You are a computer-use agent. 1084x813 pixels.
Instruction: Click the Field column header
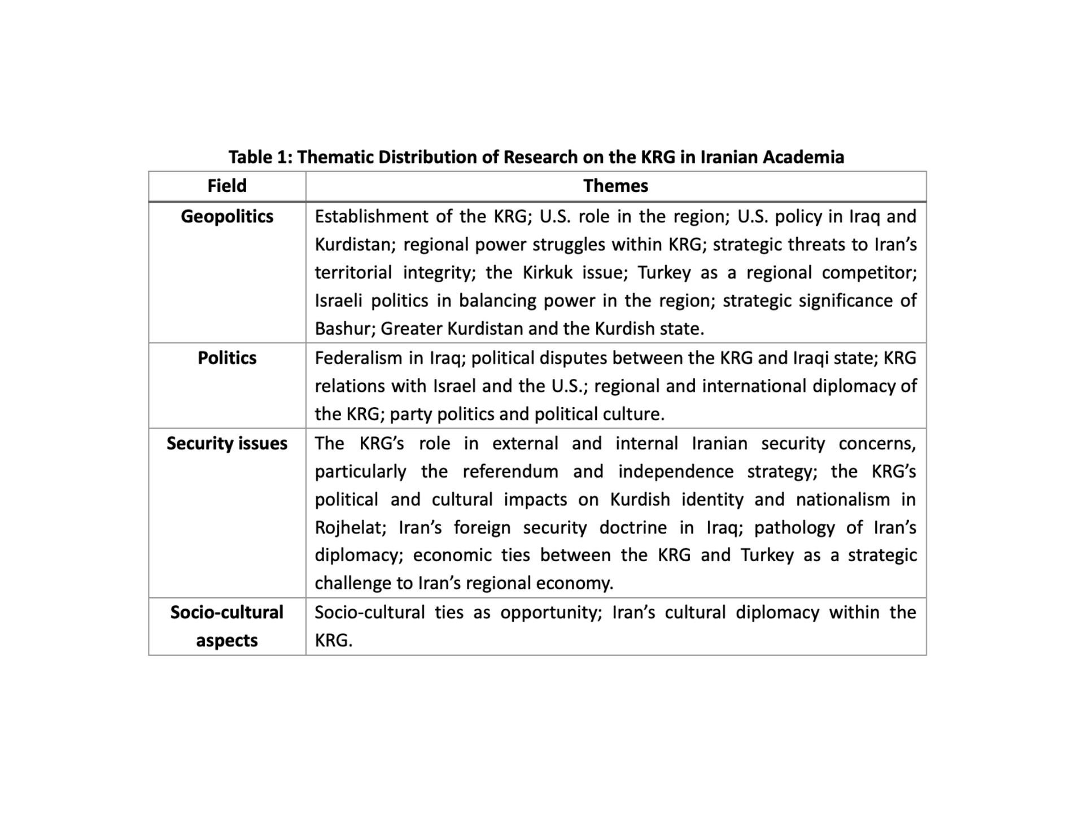[x=227, y=186]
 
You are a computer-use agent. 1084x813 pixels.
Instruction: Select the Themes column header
[x=615, y=186]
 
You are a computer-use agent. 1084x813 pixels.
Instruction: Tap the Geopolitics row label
[x=227, y=216]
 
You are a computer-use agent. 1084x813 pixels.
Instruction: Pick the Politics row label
[x=227, y=358]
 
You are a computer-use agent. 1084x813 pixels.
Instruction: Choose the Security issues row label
[x=227, y=443]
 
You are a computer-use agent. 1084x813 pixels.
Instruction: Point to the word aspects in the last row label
[x=227, y=640]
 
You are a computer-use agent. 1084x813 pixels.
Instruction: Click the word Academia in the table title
[x=803, y=157]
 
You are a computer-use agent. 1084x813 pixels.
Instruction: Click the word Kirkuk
[x=547, y=273]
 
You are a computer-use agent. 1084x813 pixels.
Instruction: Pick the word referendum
[x=510, y=471]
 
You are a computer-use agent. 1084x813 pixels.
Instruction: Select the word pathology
[x=794, y=527]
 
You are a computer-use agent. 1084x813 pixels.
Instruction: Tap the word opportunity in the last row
[x=551, y=613]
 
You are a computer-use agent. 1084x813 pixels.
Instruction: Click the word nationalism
[x=842, y=500]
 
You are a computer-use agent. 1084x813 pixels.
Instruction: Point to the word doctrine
[x=633, y=527]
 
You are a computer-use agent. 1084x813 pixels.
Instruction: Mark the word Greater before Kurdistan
[x=412, y=329]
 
